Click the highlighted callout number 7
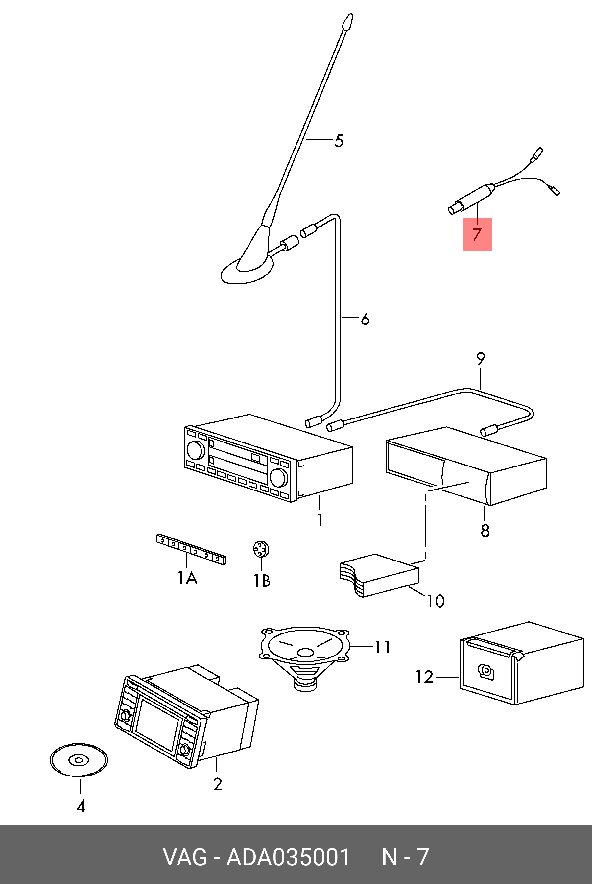coord(478,234)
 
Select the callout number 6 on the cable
coord(365,319)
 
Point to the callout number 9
coord(480,359)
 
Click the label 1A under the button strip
coord(187,577)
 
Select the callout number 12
coord(424,677)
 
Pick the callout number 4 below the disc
coord(81,807)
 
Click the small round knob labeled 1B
coord(261,549)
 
